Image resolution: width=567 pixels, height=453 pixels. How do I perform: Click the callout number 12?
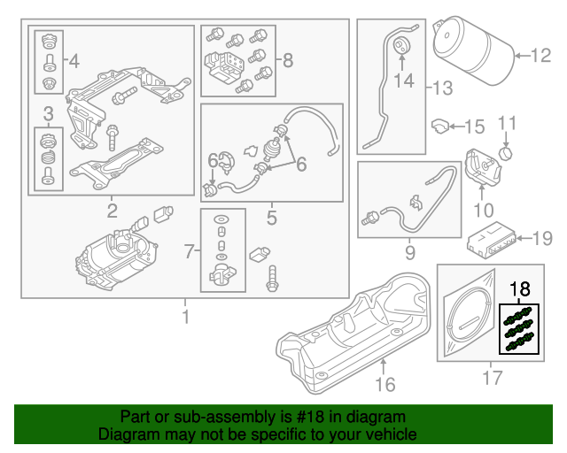click(x=541, y=57)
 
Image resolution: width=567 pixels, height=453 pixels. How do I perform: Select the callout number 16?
click(x=384, y=384)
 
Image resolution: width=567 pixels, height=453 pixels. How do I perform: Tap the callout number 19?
click(x=542, y=237)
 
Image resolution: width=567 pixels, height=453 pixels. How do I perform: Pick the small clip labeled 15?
click(x=441, y=127)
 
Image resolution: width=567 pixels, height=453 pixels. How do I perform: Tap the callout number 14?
click(x=403, y=81)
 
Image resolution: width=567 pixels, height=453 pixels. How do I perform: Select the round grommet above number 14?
click(x=401, y=47)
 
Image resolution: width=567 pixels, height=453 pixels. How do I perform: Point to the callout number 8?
click(x=287, y=61)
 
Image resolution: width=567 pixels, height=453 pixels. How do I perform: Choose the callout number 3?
click(x=49, y=112)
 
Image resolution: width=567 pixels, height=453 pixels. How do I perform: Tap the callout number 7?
click(x=187, y=253)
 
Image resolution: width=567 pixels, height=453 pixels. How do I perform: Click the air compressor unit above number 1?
click(x=120, y=257)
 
